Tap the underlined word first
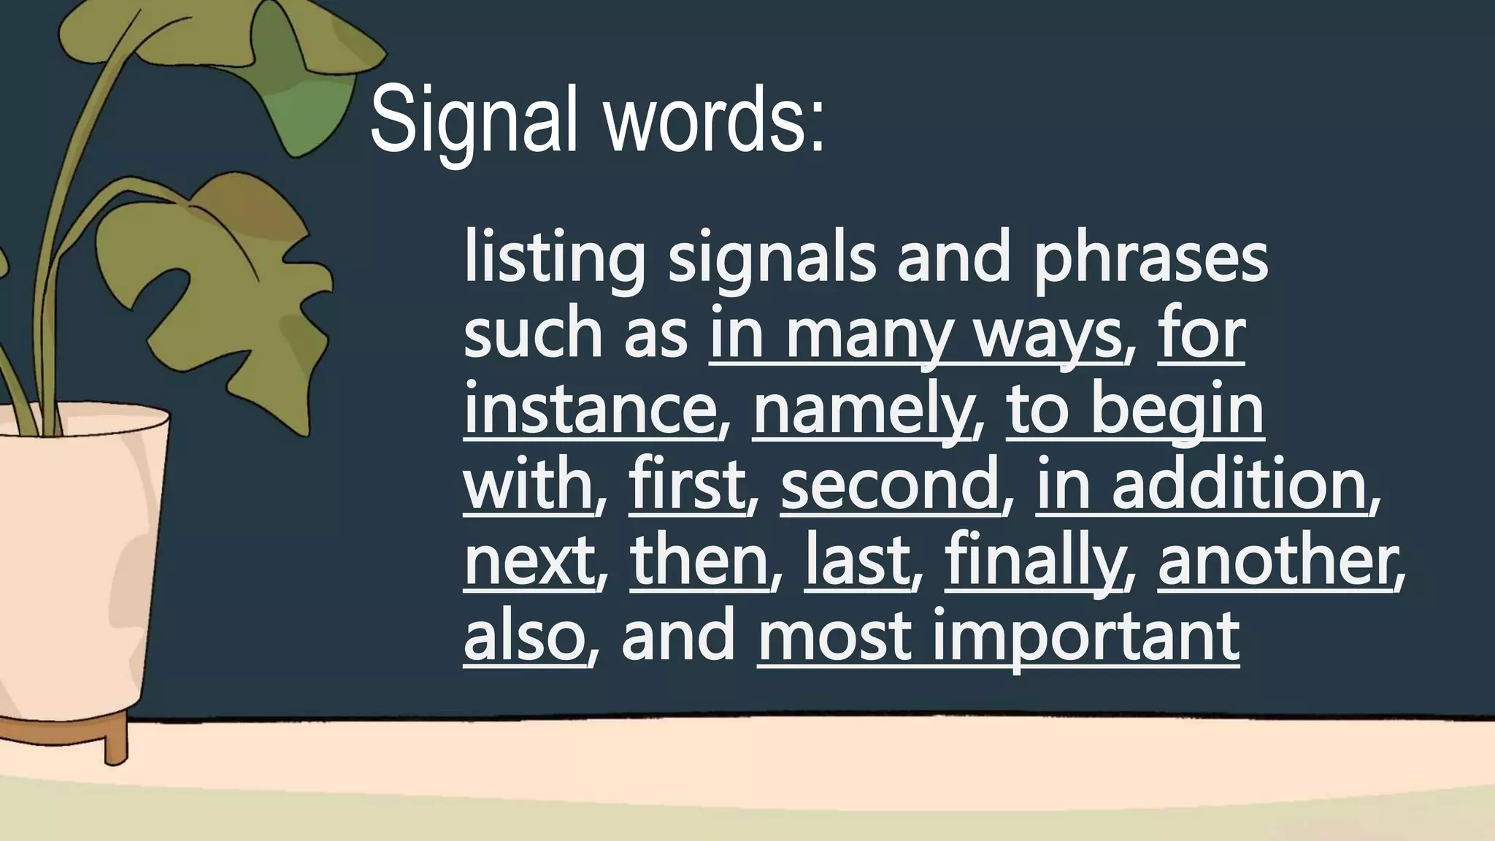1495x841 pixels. (686, 485)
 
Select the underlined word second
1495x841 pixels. (890, 485)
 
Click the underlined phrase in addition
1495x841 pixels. (1201, 485)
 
